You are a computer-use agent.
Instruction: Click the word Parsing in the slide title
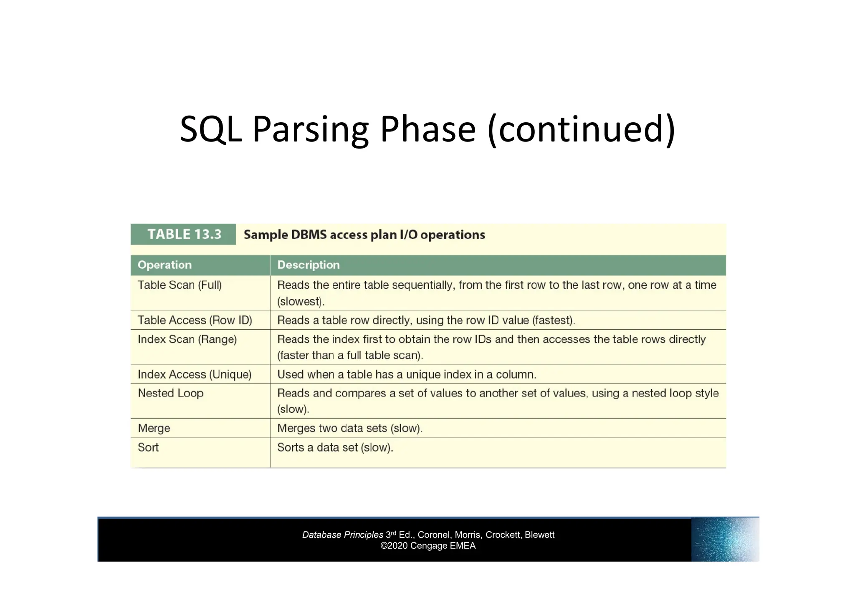pos(310,129)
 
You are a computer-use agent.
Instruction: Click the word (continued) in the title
pos(581,129)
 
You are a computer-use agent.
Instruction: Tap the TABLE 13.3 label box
pos(184,234)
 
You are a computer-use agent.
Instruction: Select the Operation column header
pos(164,265)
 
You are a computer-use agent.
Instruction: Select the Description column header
pos(309,265)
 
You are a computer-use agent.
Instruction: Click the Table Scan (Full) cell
pos(180,285)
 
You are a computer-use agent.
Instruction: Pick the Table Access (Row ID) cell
pos(195,320)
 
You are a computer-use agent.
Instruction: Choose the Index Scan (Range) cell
pos(187,339)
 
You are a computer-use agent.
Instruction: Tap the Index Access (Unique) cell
pos(195,374)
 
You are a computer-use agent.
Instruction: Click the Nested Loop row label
pos(170,393)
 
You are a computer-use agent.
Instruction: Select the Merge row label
pos(154,428)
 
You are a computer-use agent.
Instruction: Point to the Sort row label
pos(148,447)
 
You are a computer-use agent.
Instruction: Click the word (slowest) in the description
pos(300,301)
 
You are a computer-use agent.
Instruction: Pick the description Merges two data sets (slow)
pos(350,428)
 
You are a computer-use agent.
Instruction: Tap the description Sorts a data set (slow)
pos(335,447)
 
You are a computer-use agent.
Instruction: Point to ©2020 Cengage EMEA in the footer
pos(428,546)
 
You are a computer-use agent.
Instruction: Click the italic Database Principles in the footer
pos(342,535)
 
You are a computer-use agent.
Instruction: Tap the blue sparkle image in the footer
pos(725,539)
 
